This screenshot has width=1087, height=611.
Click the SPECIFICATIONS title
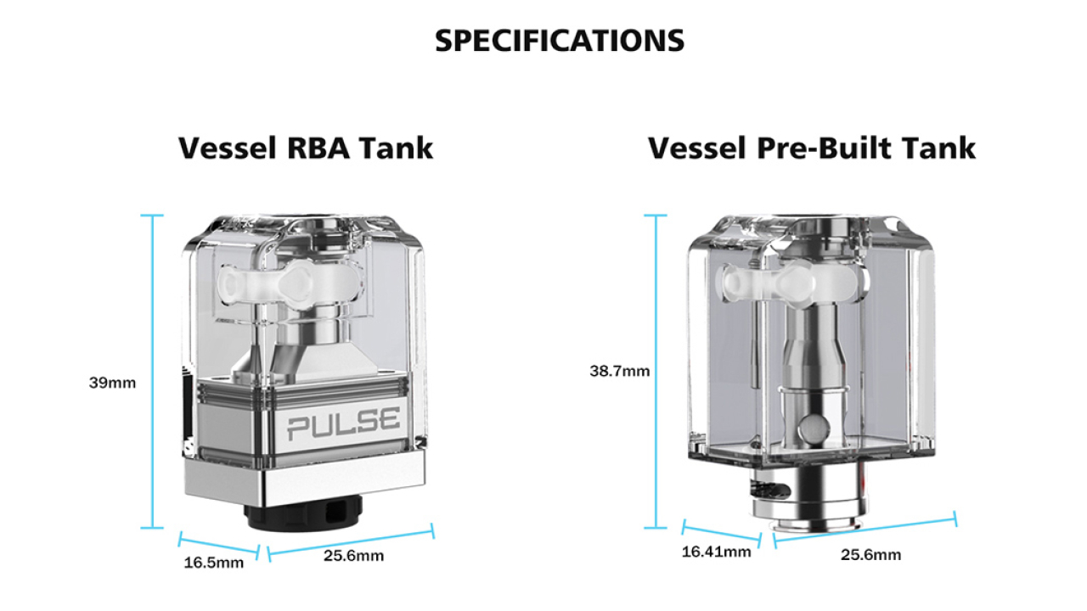(559, 40)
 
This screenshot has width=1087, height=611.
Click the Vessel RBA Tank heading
(306, 148)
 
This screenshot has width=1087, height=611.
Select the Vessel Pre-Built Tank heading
(812, 148)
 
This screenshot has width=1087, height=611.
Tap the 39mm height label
(112, 383)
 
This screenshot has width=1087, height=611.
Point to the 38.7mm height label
(619, 371)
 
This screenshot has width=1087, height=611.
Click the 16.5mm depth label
(213, 562)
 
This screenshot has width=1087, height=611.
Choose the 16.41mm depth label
(716, 552)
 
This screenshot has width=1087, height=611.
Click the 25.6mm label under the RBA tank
(353, 556)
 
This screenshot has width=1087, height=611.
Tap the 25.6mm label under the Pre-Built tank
(870, 555)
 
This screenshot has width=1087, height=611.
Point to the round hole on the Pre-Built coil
(814, 425)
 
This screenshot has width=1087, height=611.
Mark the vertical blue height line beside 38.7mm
(655, 371)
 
